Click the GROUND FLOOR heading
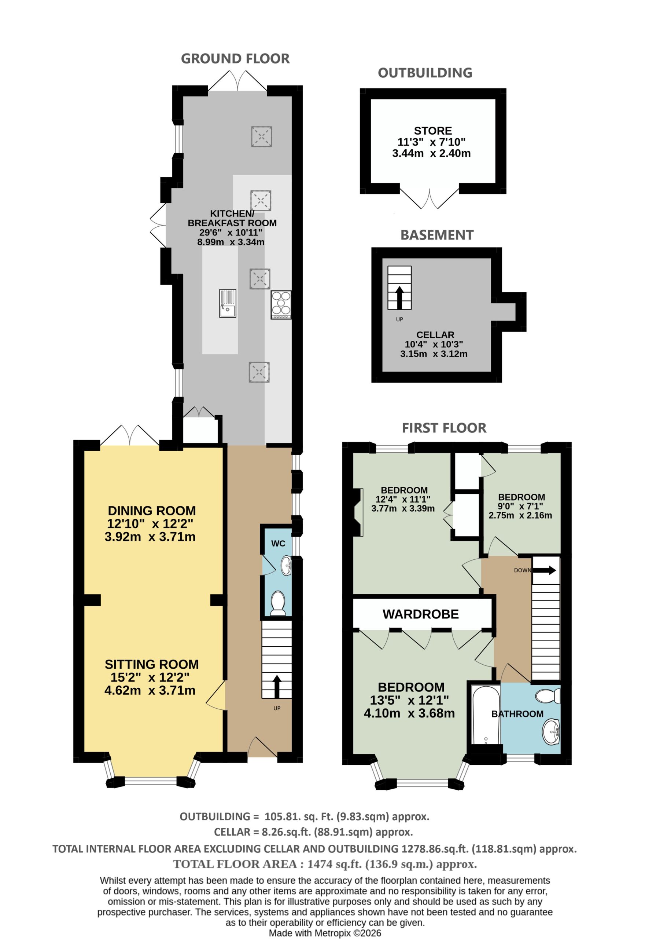click(x=235, y=59)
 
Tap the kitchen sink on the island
click(x=228, y=303)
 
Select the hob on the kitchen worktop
click(x=281, y=305)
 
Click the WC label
click(x=278, y=543)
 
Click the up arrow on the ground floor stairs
click(x=277, y=686)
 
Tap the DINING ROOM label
click(x=152, y=510)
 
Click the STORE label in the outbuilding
click(x=433, y=131)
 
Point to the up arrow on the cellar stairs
click(x=399, y=297)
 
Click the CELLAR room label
click(x=435, y=335)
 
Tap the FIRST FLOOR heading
click(x=444, y=428)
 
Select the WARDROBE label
click(x=421, y=614)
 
